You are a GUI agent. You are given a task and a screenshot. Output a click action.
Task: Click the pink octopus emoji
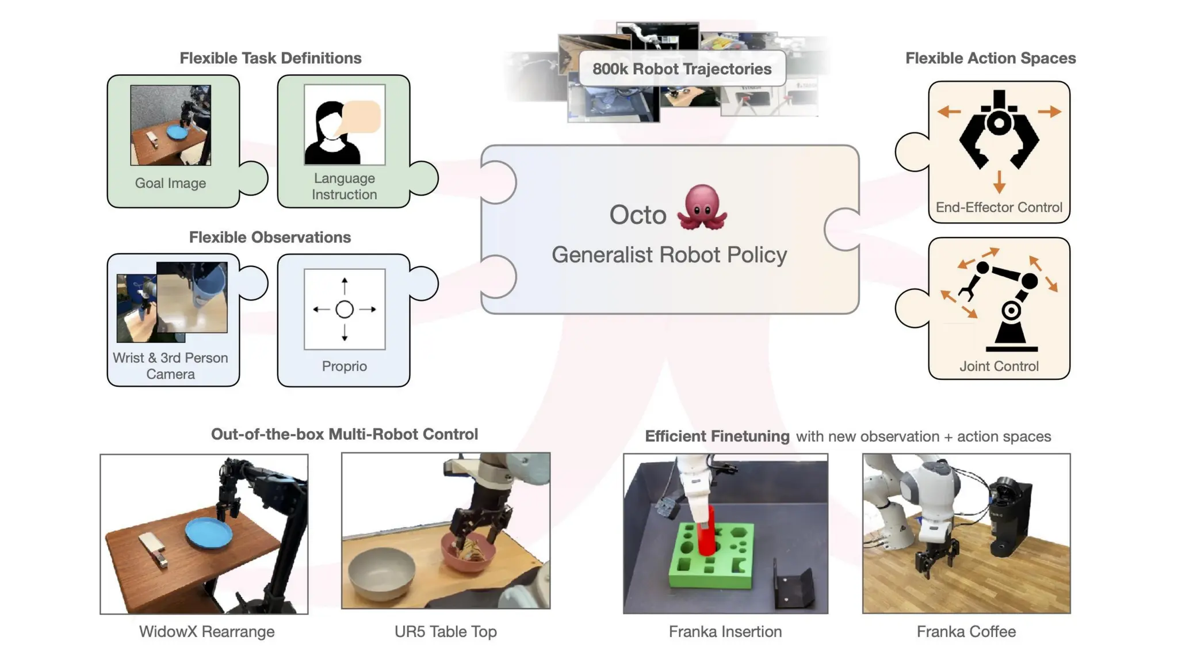(x=702, y=208)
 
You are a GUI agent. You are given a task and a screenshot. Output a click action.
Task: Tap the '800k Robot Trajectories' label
(x=682, y=69)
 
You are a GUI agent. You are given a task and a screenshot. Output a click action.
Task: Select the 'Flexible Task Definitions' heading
(x=270, y=58)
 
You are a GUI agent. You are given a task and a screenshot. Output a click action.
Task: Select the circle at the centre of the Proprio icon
(x=344, y=310)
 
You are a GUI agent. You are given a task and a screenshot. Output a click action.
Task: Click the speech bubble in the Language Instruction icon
(x=361, y=117)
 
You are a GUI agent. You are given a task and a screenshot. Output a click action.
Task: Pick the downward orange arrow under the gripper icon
(x=999, y=182)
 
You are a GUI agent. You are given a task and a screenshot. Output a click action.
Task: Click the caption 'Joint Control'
(x=999, y=366)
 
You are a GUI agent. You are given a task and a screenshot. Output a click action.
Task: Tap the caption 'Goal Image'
(x=170, y=183)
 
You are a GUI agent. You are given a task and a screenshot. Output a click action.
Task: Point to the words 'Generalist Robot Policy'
(x=669, y=255)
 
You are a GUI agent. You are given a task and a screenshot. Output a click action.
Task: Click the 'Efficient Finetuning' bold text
(x=717, y=436)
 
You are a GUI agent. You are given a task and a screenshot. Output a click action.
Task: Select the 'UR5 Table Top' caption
(x=445, y=631)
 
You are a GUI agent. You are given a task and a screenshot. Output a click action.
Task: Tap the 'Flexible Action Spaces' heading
(x=990, y=58)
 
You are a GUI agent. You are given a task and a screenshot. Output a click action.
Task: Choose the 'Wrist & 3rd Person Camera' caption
(x=170, y=365)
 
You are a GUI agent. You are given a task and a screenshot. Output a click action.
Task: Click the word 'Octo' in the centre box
(x=637, y=215)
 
